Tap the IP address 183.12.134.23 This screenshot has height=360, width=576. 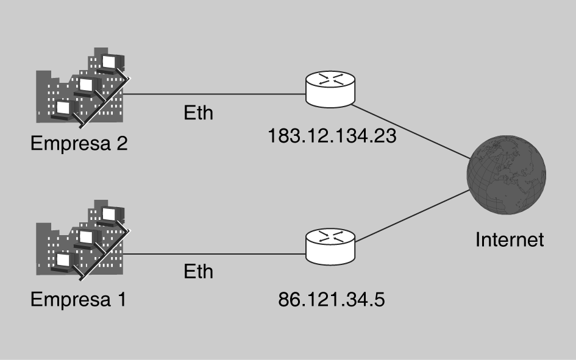tap(332, 135)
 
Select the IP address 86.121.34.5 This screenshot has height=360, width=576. tap(332, 299)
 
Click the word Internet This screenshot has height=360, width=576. tap(510, 239)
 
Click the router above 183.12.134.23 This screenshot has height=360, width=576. tap(330, 87)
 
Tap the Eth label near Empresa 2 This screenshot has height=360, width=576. tap(199, 113)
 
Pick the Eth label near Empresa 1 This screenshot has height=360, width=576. tap(199, 271)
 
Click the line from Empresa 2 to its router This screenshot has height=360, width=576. tap(213, 94)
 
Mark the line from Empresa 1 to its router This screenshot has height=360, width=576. tap(213, 254)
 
